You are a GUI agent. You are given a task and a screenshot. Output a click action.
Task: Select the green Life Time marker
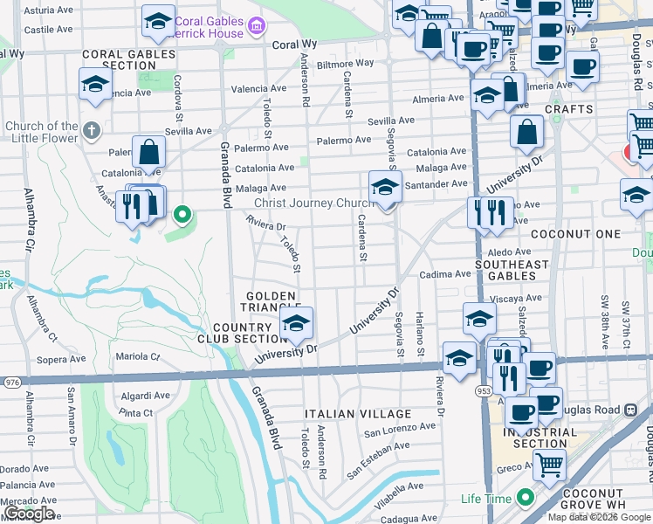click(x=525, y=498)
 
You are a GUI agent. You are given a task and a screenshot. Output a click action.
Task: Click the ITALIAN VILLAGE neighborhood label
click(x=358, y=413)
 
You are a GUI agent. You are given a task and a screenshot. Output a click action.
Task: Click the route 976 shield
click(x=11, y=382)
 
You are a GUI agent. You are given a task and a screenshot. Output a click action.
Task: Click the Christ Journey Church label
click(x=313, y=203)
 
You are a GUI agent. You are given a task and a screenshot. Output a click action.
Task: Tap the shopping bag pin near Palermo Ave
click(x=149, y=153)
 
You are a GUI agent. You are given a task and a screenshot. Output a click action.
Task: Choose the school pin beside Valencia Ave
click(x=95, y=85)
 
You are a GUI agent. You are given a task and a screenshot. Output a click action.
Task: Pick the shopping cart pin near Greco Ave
click(x=549, y=465)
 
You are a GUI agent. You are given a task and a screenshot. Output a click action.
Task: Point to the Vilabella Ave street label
click(x=398, y=486)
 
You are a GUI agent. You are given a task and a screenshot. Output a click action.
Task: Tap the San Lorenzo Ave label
click(x=399, y=429)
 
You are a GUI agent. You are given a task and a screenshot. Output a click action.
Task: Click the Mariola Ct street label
click(x=138, y=356)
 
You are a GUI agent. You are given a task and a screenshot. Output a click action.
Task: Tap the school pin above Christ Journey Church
click(x=385, y=186)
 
